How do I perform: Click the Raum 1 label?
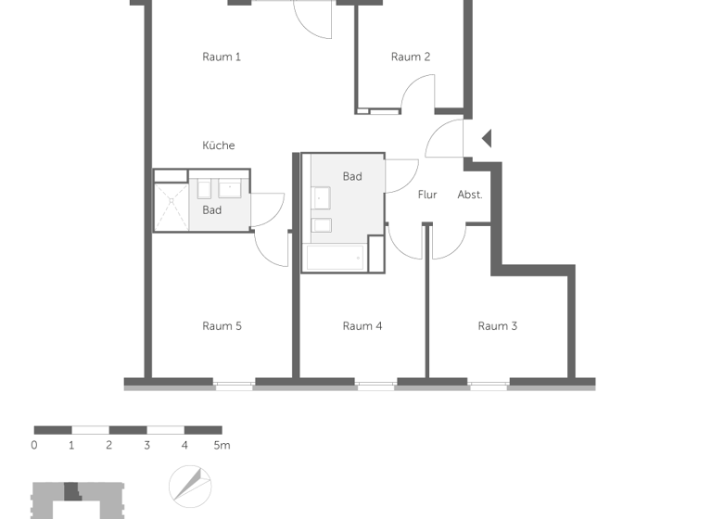point(222,57)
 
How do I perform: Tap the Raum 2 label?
point(411,57)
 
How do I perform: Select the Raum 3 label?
point(498,325)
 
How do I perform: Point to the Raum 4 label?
point(362,325)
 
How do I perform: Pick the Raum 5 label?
point(222,325)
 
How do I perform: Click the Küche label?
point(219,146)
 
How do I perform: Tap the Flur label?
point(427,195)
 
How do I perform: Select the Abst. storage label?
point(470,195)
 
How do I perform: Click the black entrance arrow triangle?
point(487,139)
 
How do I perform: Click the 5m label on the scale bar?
point(222,446)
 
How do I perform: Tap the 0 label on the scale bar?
point(34,446)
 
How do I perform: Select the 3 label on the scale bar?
point(146,446)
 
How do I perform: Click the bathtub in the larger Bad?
point(335,258)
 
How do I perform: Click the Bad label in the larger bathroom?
point(352,176)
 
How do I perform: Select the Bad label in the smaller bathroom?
point(212,210)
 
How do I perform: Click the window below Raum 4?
point(375,384)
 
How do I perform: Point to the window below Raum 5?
point(235,384)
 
